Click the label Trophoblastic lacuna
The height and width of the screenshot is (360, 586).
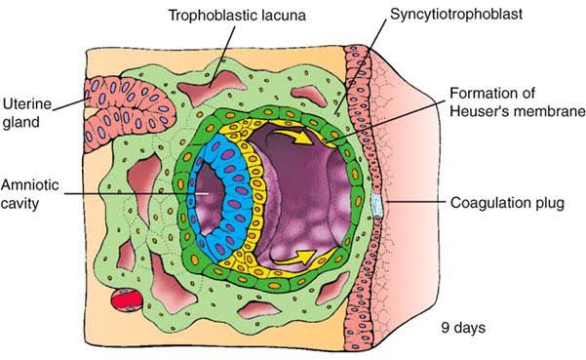237,16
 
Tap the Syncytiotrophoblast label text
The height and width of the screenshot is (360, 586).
456,15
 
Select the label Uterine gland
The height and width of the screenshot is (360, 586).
26,113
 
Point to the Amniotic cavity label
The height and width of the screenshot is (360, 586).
29,194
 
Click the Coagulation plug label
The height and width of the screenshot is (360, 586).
507,203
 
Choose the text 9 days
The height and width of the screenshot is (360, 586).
463,328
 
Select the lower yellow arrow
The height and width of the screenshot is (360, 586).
293,258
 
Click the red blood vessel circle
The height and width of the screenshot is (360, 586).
127,300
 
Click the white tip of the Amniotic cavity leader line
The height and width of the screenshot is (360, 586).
207,193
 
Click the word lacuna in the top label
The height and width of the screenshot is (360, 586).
284,16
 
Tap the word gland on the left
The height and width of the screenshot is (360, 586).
20,123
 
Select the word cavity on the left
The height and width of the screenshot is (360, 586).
20,204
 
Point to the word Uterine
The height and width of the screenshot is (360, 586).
26,103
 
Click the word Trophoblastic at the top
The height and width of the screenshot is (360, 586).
213,16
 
